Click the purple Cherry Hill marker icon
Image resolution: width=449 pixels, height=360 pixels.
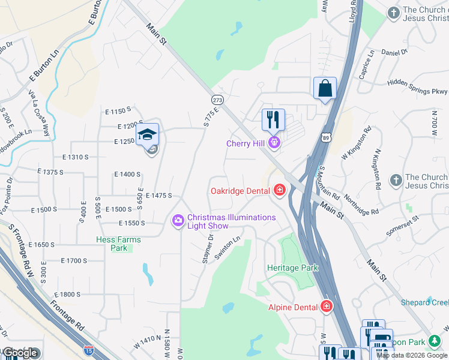point(274,143)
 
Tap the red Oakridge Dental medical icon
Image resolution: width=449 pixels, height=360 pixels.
point(279,191)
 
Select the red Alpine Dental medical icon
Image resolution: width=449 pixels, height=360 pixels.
point(326,307)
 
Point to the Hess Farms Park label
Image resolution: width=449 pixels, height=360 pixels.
point(119,244)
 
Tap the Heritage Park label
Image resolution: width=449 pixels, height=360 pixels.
point(292,268)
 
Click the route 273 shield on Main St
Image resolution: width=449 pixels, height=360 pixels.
point(217,99)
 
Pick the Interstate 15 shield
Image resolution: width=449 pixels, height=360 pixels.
point(89,349)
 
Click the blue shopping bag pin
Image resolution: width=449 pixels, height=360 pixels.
point(325,89)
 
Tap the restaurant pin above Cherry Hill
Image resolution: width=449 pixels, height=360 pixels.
point(273,119)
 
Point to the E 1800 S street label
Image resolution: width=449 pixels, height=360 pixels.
point(67,295)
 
